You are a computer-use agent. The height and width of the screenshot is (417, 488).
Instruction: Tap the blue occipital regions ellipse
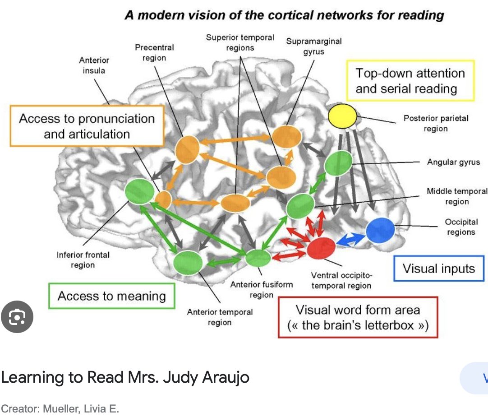point(380,230)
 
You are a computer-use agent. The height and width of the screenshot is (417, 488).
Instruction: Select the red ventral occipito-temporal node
point(322,248)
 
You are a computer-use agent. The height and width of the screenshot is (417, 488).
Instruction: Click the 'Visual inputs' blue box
point(439,269)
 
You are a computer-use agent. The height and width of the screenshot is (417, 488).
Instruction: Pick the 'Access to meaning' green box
point(112,296)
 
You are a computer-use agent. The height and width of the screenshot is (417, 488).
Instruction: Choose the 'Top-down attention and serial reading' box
point(410,80)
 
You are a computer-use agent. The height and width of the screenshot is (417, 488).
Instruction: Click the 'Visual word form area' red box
point(358,317)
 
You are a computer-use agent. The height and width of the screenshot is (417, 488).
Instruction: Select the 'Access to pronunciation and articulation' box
point(87,126)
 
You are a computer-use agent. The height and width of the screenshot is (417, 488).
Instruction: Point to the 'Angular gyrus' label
point(454,162)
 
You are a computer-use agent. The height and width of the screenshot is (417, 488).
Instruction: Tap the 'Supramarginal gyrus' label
point(314,46)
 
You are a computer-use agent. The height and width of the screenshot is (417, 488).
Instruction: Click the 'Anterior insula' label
point(94,65)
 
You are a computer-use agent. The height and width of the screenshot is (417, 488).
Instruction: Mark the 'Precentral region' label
point(154,52)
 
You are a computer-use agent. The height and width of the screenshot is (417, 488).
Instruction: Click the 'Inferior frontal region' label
point(83,260)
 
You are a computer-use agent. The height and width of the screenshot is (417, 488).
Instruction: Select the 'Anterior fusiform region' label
point(262,290)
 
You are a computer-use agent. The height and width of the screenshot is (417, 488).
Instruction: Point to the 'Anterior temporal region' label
point(220,317)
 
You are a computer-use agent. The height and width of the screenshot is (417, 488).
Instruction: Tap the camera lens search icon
point(17,318)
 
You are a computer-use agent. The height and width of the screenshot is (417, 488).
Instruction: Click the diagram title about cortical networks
point(285,15)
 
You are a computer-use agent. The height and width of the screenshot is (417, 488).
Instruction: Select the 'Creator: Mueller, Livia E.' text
point(60,409)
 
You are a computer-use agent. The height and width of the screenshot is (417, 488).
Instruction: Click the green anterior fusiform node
point(258,258)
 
